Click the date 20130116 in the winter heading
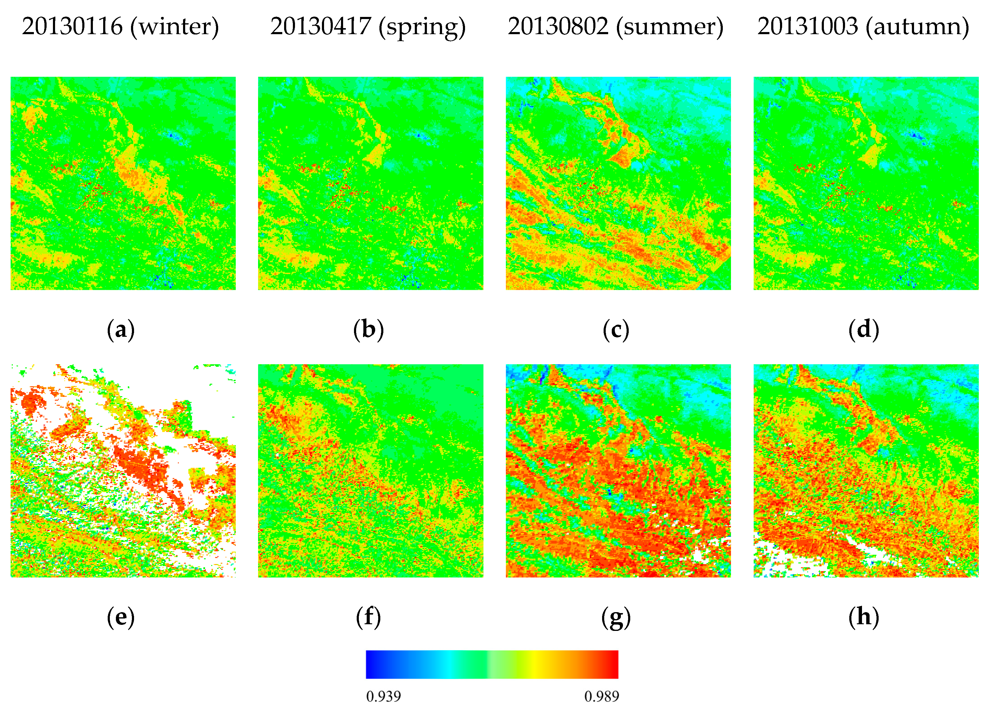(x=72, y=26)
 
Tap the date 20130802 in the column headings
(x=558, y=26)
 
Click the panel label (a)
(x=121, y=330)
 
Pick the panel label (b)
(x=368, y=330)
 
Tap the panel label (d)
(x=864, y=330)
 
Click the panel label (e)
(x=121, y=617)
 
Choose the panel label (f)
(x=368, y=617)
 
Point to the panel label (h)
(x=864, y=617)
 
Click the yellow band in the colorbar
(x=535, y=664)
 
